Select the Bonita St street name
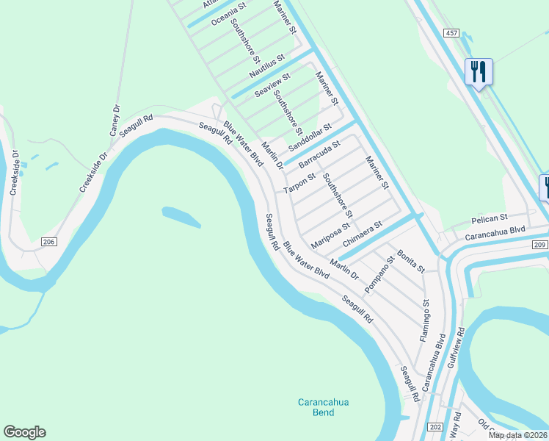(x=411, y=262)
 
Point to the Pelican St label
(x=489, y=218)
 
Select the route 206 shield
(x=48, y=242)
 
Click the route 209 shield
(x=538, y=244)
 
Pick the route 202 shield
(x=435, y=427)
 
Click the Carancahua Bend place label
(x=317, y=407)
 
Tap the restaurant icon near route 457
(x=478, y=72)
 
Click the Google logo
(x=24, y=432)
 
